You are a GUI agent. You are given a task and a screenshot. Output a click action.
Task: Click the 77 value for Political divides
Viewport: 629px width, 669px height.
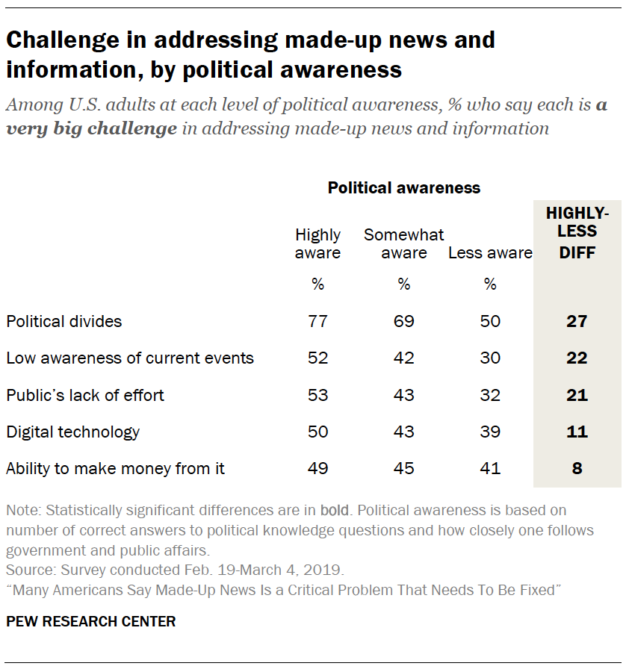pos(318,322)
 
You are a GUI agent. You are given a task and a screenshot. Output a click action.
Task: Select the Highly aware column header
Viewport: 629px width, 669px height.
pos(318,243)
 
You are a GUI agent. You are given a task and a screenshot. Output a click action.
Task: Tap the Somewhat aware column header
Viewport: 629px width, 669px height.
pos(404,243)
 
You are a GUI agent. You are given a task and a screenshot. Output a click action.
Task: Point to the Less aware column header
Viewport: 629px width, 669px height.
pos(490,252)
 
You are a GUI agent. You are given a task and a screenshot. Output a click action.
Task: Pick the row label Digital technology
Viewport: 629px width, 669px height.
pos(73,432)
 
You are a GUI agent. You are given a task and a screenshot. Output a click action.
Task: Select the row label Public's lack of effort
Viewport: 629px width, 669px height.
pos(85,395)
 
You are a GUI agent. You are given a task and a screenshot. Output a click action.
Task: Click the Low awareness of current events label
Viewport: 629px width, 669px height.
pos(130,358)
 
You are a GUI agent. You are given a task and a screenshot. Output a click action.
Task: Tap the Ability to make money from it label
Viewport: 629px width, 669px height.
pos(116,469)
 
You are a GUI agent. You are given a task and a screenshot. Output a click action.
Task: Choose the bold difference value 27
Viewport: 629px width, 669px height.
pos(577,322)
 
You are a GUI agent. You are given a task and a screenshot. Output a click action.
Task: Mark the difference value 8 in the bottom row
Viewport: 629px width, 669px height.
pos(577,469)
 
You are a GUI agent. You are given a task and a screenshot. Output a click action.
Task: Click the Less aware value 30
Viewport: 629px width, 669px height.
pos(490,358)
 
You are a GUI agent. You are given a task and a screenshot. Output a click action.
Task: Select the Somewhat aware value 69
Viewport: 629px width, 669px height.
pos(404,322)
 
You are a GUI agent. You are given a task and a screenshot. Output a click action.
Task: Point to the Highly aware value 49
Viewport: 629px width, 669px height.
pos(318,469)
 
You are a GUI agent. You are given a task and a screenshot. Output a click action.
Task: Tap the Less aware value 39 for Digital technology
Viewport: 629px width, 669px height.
pos(490,432)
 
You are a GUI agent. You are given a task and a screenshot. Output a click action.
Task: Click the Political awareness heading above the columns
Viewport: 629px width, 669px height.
pos(404,188)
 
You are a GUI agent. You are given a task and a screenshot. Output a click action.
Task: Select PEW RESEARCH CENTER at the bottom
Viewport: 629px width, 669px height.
pos(91,621)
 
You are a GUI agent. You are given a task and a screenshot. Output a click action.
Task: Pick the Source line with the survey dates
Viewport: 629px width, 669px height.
pos(175,570)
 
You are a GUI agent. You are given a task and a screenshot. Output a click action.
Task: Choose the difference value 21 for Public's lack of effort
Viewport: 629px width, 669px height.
pos(577,395)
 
